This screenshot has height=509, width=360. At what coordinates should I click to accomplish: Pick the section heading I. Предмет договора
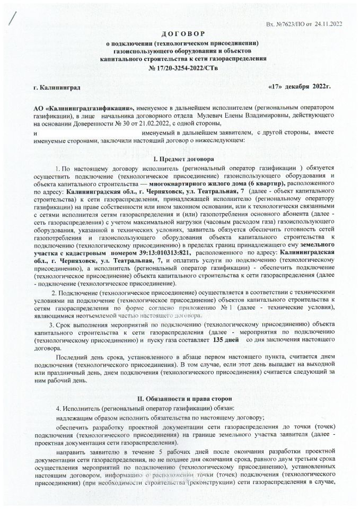(x=179, y=160)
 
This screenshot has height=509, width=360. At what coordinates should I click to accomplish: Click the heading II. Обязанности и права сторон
(x=179, y=398)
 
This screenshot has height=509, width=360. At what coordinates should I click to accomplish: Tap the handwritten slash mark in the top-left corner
(x=12, y=20)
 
